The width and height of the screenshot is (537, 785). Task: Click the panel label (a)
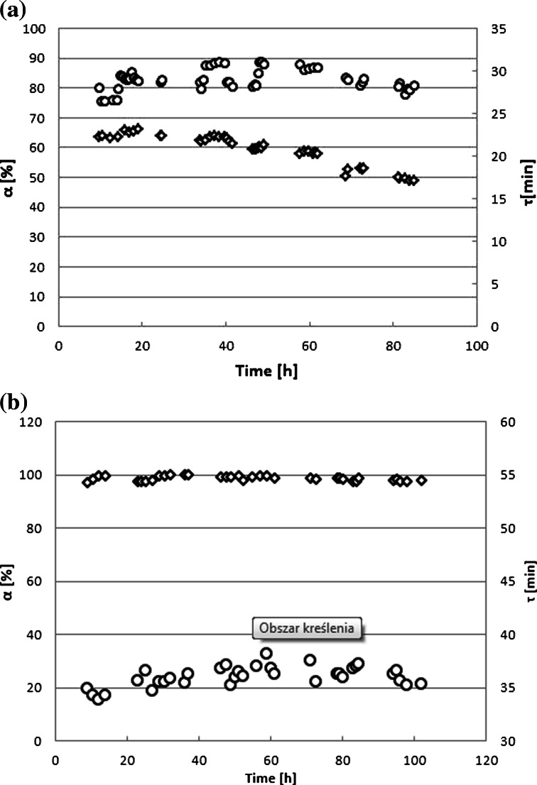point(13,12)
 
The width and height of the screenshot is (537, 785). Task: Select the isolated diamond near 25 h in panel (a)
point(161,135)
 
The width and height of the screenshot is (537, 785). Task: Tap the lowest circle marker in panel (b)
point(98,699)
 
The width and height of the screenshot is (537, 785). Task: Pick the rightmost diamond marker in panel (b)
point(421,481)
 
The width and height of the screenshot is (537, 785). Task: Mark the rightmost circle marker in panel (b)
point(421,684)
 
